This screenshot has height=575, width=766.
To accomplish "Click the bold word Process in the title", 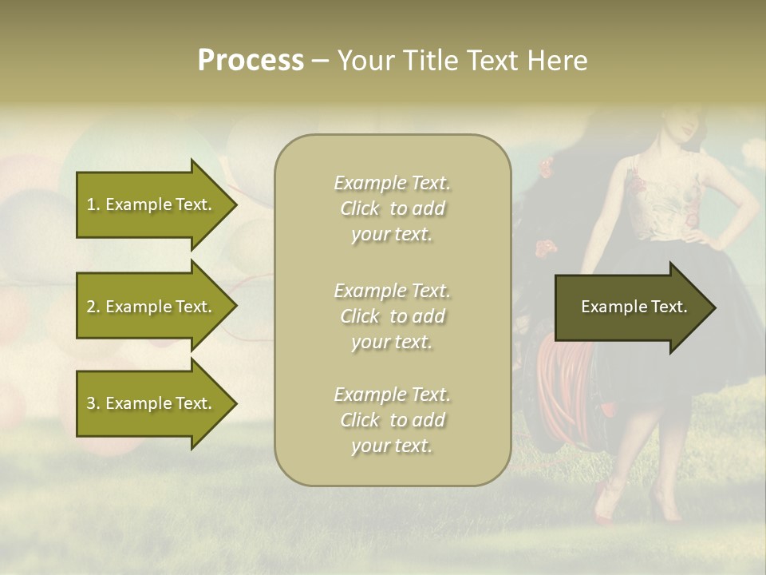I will pos(251,61).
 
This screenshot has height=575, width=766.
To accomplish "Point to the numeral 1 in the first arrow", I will pos(91,204).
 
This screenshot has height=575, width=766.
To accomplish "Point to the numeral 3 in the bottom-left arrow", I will pos(91,403).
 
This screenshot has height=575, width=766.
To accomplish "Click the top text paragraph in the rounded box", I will pos(392,208).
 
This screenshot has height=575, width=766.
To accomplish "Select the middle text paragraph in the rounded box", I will pos(392,316).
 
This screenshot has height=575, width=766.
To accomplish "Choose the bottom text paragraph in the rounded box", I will pos(392,420).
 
